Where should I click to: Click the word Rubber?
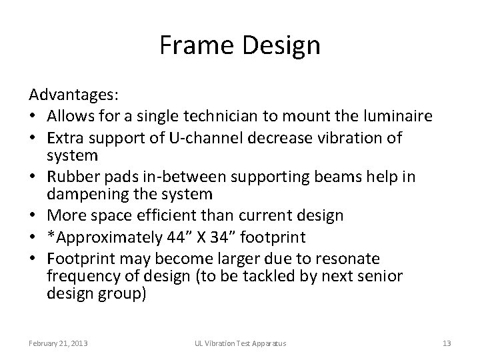[69, 177]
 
